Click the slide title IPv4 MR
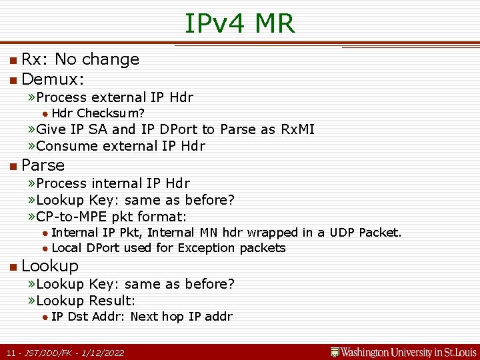(239, 23)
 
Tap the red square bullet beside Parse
(13, 165)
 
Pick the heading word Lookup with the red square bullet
(50, 265)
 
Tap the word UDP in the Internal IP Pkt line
(343, 233)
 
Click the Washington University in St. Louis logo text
(409, 352)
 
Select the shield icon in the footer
(335, 352)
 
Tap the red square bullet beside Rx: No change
(13, 60)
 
